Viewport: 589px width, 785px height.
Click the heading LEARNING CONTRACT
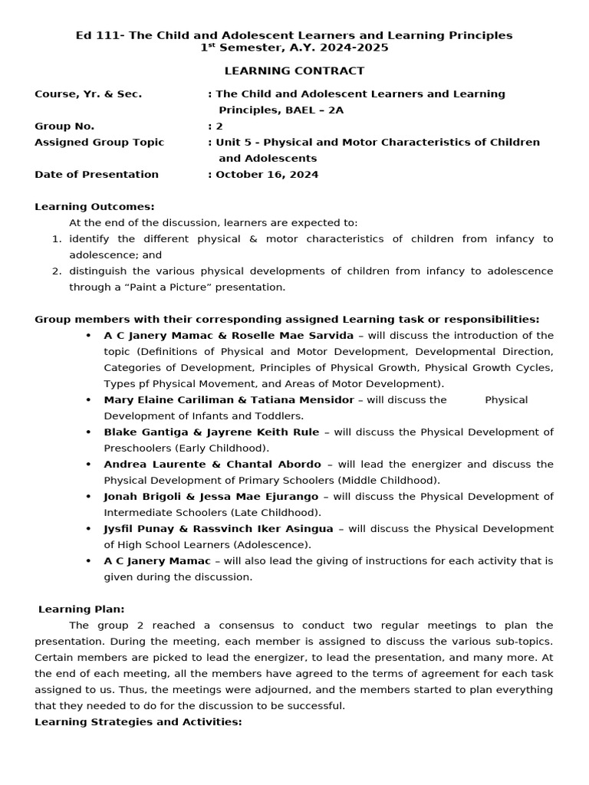294,71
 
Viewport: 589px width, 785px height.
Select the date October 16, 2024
267,174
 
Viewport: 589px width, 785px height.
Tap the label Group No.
64,126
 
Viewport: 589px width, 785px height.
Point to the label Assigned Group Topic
100,142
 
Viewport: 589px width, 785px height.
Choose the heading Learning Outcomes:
94,206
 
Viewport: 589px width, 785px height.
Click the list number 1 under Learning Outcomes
56,238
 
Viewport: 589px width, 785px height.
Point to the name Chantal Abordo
283,464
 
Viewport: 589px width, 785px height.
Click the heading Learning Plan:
81,609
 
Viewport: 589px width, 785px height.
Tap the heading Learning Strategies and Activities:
138,721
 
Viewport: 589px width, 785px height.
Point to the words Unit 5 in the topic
233,142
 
